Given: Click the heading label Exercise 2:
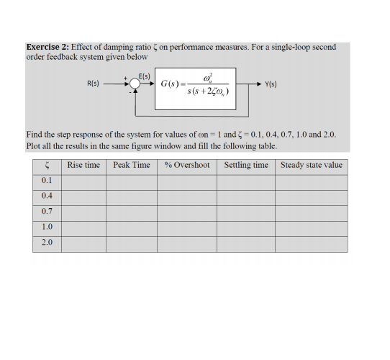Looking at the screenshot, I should click(x=47, y=48).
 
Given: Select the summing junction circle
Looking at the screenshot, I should click(x=135, y=85).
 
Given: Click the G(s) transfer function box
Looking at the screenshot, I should click(x=198, y=85).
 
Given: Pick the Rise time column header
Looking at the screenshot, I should click(x=83, y=166).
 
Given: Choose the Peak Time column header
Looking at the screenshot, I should click(x=132, y=166).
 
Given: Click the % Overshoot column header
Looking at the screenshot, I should click(x=187, y=166).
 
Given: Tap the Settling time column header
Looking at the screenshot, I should click(x=246, y=166).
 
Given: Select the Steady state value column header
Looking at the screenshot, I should click(x=311, y=166).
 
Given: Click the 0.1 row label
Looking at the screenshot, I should click(x=47, y=181).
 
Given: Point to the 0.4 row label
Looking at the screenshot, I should click(x=47, y=196).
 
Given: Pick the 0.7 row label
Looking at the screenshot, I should click(x=47, y=212).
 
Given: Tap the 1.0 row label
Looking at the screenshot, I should click(x=47, y=227).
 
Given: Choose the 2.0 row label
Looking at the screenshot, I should click(x=47, y=243).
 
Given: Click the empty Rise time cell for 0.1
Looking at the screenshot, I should click(x=83, y=181).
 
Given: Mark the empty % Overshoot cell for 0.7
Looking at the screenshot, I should click(x=187, y=212).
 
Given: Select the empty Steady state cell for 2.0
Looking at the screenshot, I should click(x=311, y=243).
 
